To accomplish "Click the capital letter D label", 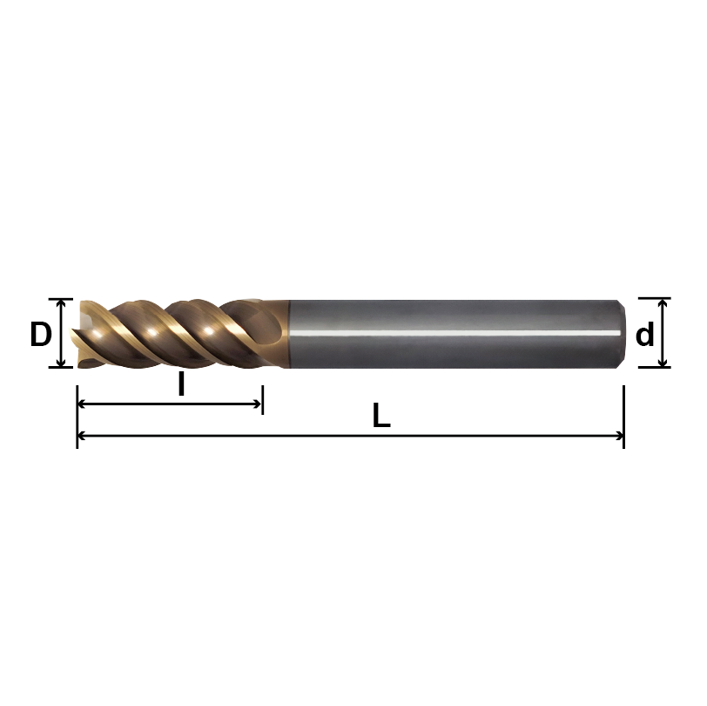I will (x=40, y=334).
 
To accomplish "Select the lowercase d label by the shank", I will (x=644, y=334).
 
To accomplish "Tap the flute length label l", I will (x=181, y=384).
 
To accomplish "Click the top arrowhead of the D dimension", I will (x=61, y=303).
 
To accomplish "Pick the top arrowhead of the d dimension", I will (x=663, y=303).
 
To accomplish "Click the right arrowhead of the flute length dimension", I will (x=258, y=404).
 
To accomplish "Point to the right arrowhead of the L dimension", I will (x=619, y=436).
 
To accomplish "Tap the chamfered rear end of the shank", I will (x=620, y=333).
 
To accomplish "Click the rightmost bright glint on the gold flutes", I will (x=209, y=330).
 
